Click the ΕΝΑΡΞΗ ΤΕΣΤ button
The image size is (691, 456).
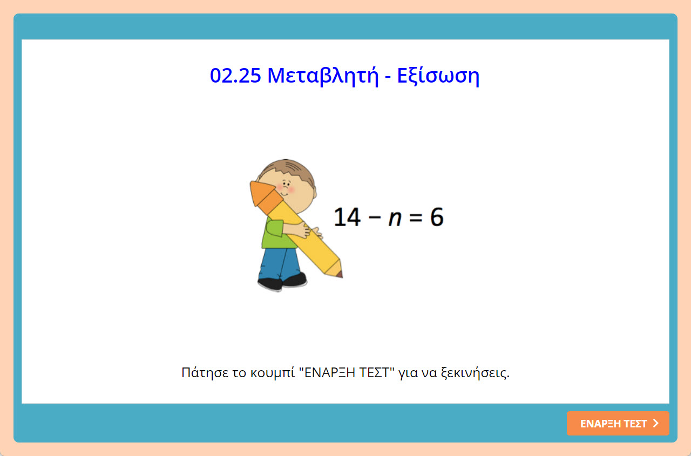618,424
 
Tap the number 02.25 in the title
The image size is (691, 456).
235,76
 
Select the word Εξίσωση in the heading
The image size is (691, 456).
438,76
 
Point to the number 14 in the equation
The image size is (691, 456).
347,217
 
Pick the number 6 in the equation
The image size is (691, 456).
436,217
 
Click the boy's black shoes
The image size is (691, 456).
281,282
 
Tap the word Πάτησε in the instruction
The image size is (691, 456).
200,373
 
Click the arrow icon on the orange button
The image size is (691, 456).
656,424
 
